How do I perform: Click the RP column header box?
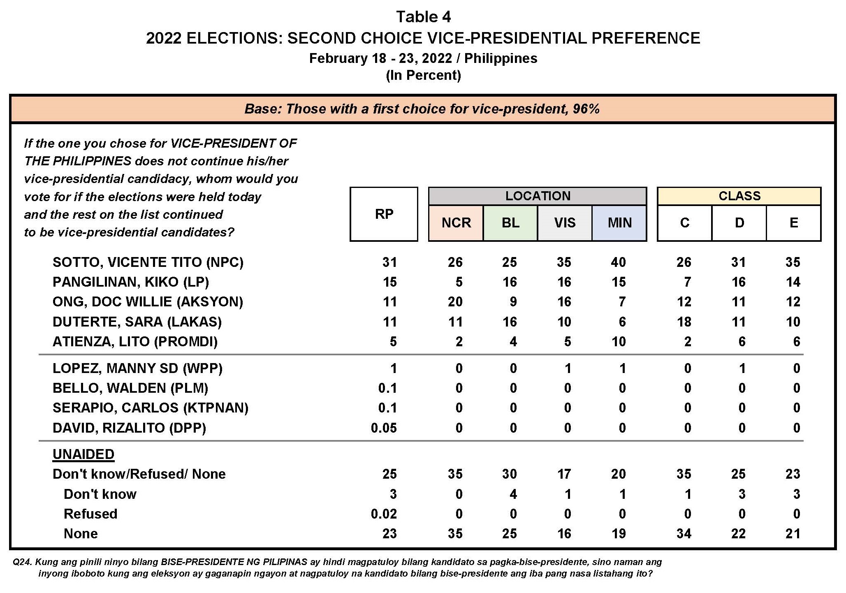coord(384,214)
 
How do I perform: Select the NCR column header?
coord(456,223)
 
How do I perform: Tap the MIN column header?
coord(619,223)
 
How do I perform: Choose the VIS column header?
coord(565,223)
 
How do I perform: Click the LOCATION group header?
coord(538,196)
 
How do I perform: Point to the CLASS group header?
coord(739,196)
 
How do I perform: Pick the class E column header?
coord(794,223)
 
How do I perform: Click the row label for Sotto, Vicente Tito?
coord(148,262)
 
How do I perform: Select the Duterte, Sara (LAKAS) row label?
coord(137,322)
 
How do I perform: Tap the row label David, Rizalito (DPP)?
coord(129,428)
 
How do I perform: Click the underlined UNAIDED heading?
coord(83,454)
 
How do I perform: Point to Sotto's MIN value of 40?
coord(618,262)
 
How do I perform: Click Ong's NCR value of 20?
coord(455,302)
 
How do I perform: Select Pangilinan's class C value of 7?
coord(687,282)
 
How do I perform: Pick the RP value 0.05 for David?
coord(384,428)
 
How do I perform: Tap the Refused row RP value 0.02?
coord(384,514)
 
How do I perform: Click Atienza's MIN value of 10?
coord(618,341)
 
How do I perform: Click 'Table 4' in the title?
coord(423,17)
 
